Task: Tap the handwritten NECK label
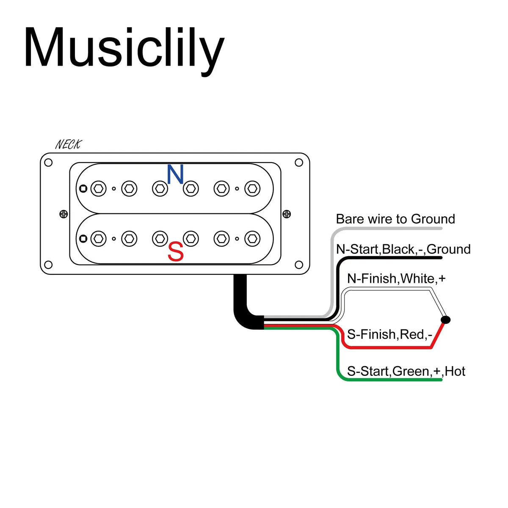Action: (68, 144)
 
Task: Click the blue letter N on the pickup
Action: (175, 174)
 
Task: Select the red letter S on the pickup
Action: (176, 251)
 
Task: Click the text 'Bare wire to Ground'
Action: (395, 219)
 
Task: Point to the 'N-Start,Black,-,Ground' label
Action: (403, 249)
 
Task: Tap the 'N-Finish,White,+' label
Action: (396, 279)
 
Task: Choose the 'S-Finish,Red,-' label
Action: (389, 334)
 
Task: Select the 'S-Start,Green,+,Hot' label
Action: (406, 371)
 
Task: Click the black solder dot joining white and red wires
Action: (445, 320)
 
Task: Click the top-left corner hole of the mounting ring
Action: (48, 163)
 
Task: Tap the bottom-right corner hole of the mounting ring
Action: (299, 265)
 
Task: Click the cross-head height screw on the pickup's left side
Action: (63, 214)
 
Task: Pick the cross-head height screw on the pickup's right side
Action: (287, 214)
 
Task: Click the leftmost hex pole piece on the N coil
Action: (98, 188)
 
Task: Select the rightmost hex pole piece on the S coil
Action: (252, 239)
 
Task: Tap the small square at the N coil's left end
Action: (83, 188)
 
